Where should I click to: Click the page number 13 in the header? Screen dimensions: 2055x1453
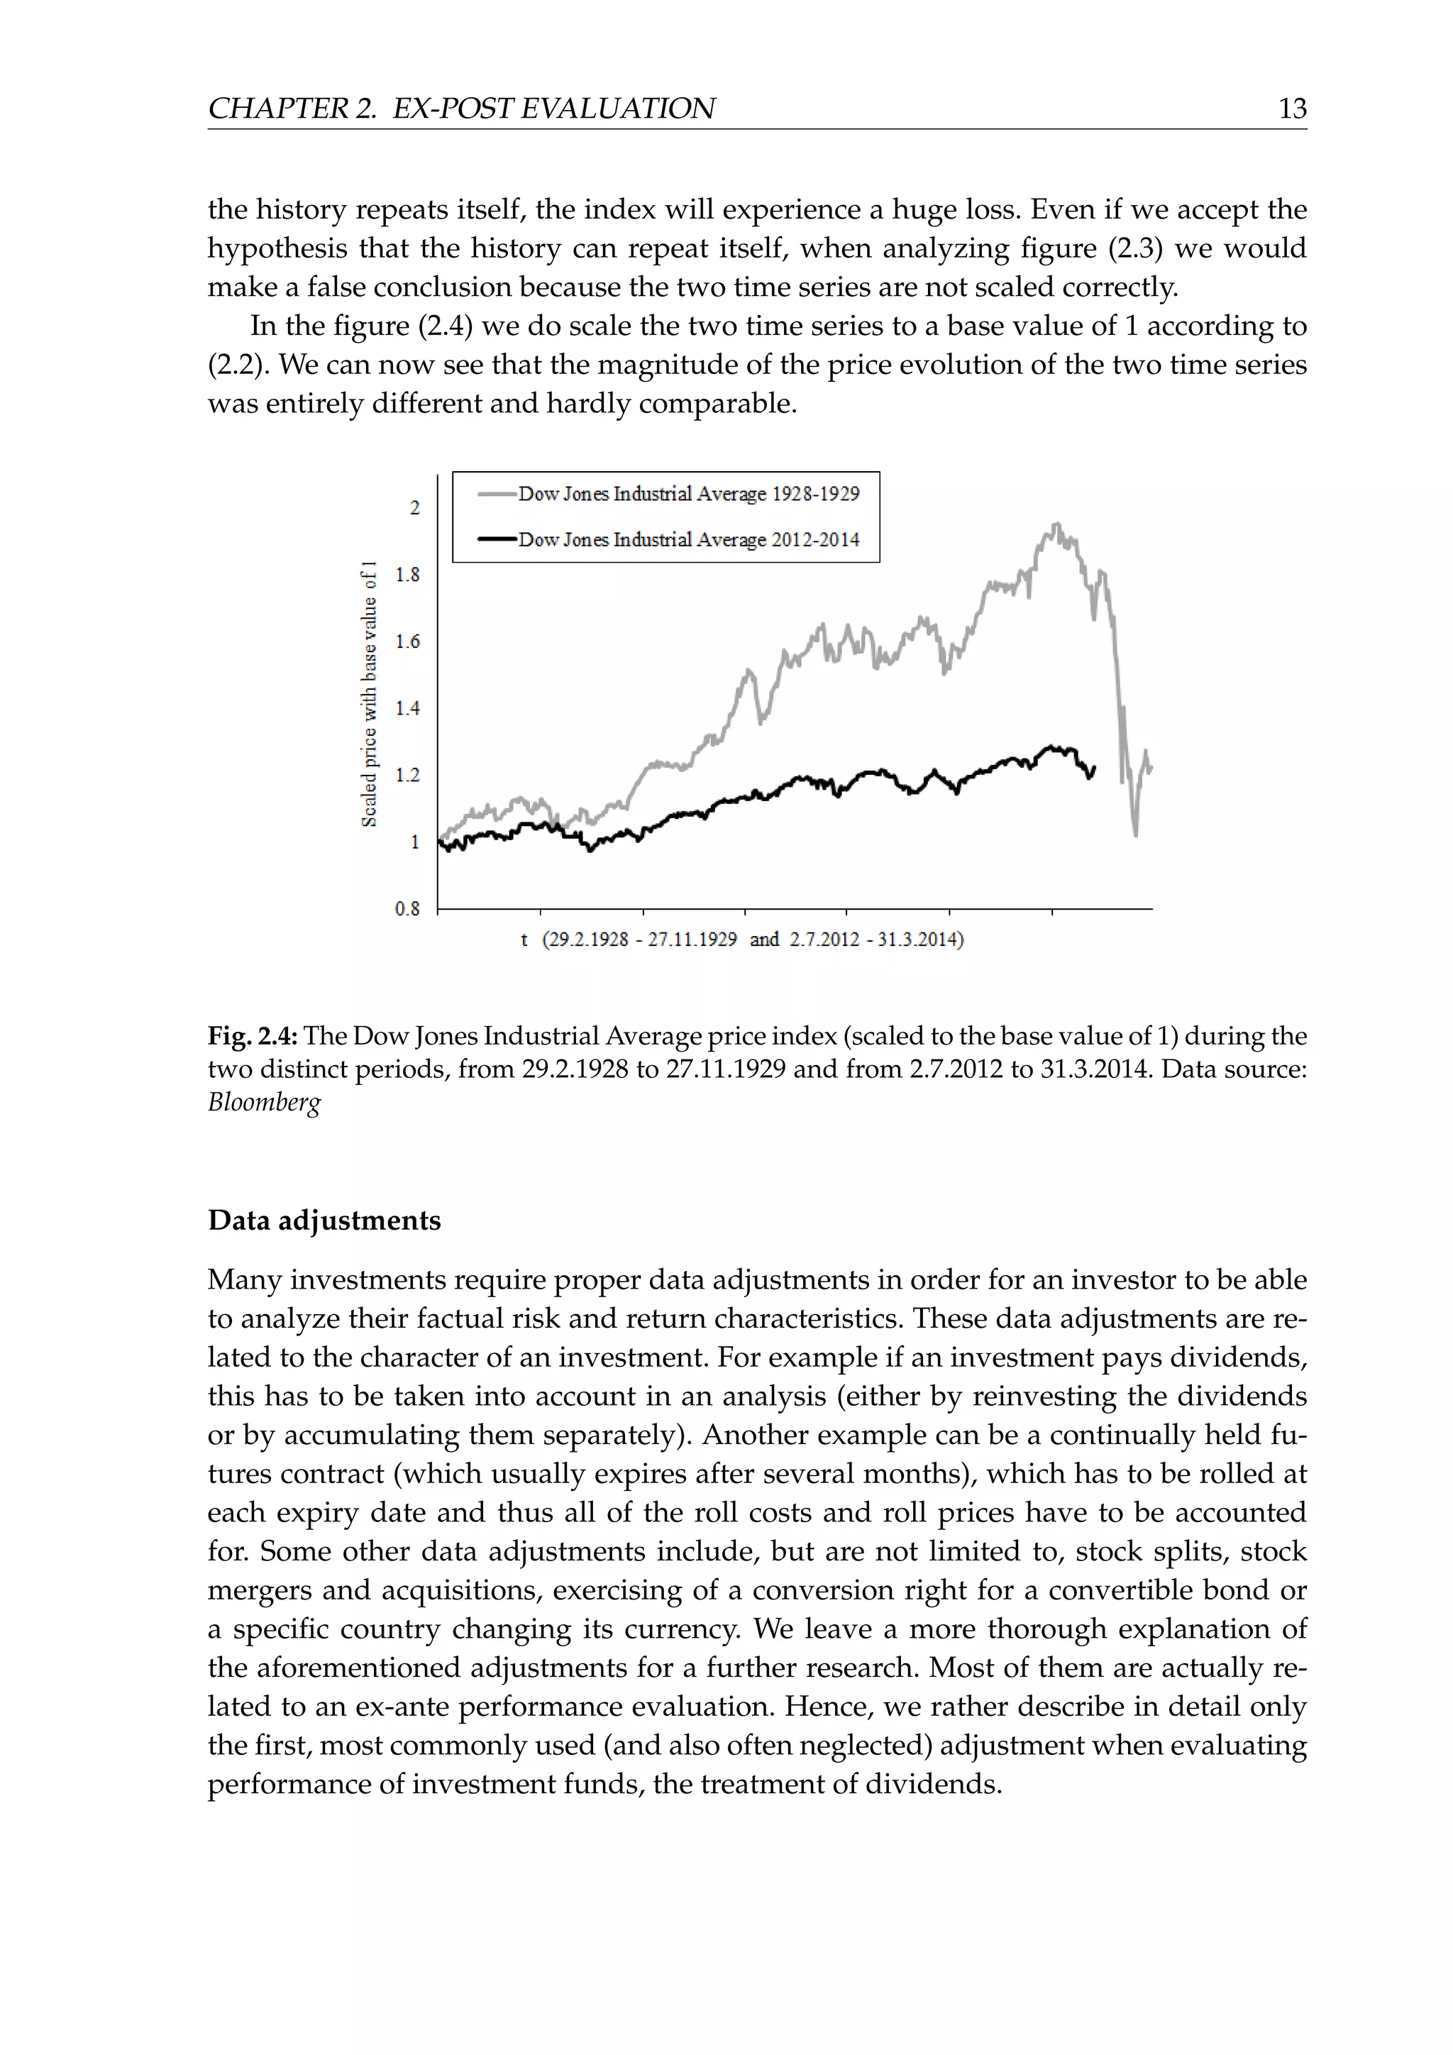tap(1292, 109)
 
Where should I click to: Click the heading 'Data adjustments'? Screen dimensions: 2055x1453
tap(324, 1221)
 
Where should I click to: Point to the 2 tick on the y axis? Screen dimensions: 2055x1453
tap(414, 508)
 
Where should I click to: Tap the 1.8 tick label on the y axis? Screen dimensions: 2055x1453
tap(407, 575)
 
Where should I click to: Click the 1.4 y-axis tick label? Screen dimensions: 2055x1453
tap(407, 709)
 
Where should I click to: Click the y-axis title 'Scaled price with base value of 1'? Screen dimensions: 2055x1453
tap(369, 695)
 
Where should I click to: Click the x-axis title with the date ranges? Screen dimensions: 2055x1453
tap(743, 940)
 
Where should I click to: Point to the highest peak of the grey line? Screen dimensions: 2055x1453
tap(1056, 524)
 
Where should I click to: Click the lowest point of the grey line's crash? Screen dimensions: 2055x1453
tap(1135, 834)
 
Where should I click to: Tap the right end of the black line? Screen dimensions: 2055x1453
tap(1094, 768)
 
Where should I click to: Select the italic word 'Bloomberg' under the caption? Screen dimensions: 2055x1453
tap(264, 1102)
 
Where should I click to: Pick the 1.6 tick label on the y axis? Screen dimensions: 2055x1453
tap(407, 641)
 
